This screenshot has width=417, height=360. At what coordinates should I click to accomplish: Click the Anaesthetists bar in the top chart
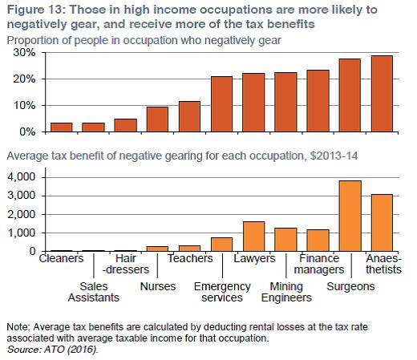coord(382,94)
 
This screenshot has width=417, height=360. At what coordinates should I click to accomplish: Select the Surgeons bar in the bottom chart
coord(350,216)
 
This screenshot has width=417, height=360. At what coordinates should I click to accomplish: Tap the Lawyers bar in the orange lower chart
coord(253,237)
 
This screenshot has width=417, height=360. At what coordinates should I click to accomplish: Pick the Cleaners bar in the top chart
coord(62,127)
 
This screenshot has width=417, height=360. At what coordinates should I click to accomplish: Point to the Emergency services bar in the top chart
coord(221,104)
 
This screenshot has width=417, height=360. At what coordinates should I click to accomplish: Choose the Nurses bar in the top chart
coord(157,119)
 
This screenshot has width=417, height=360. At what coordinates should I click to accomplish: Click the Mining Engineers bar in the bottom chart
coord(285,240)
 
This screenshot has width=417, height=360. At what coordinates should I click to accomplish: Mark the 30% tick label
coord(24,53)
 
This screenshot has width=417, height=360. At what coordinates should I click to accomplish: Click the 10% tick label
coord(24,106)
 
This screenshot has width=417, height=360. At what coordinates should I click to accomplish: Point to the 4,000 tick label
coord(22,177)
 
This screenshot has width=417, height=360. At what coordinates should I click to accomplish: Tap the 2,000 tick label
coord(22,214)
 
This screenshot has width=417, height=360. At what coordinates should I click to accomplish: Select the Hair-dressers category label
coord(126,264)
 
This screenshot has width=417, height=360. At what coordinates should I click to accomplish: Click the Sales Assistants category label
coord(94,292)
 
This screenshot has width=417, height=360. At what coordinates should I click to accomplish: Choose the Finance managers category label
coord(319,264)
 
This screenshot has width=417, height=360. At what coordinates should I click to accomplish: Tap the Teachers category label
coord(190,258)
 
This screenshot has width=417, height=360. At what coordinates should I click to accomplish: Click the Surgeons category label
coord(350,287)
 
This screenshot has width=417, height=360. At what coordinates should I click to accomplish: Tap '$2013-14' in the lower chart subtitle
coord(334,156)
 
